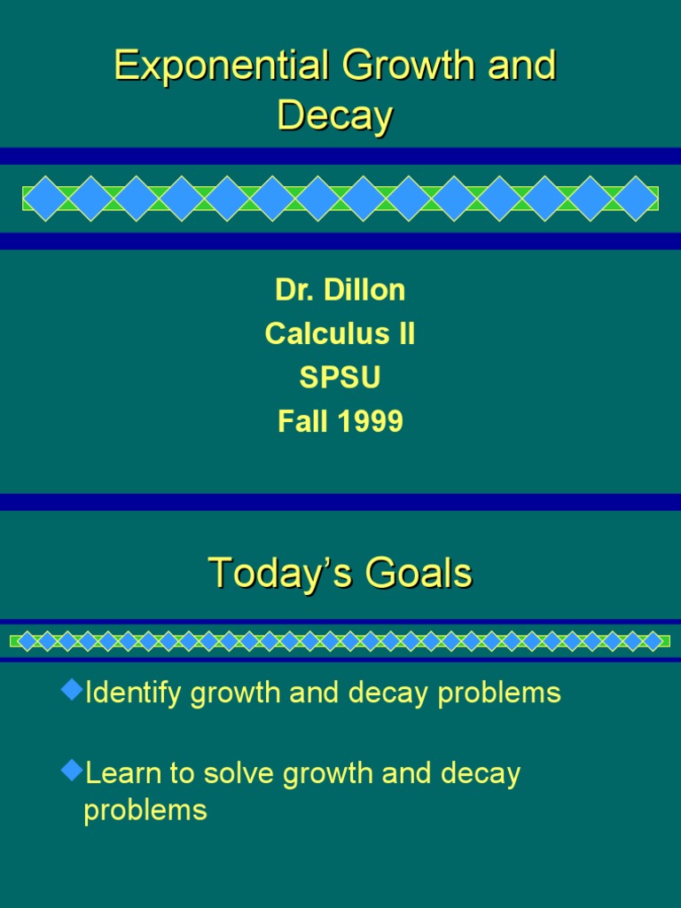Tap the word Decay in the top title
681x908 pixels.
(x=334, y=116)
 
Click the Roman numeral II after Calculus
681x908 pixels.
(x=403, y=334)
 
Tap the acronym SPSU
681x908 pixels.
(x=340, y=378)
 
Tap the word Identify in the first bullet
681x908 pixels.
(x=133, y=693)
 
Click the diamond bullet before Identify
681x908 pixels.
(x=71, y=689)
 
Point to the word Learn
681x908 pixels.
(x=123, y=773)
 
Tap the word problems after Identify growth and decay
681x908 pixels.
(x=499, y=693)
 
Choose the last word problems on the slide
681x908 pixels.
(x=145, y=810)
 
